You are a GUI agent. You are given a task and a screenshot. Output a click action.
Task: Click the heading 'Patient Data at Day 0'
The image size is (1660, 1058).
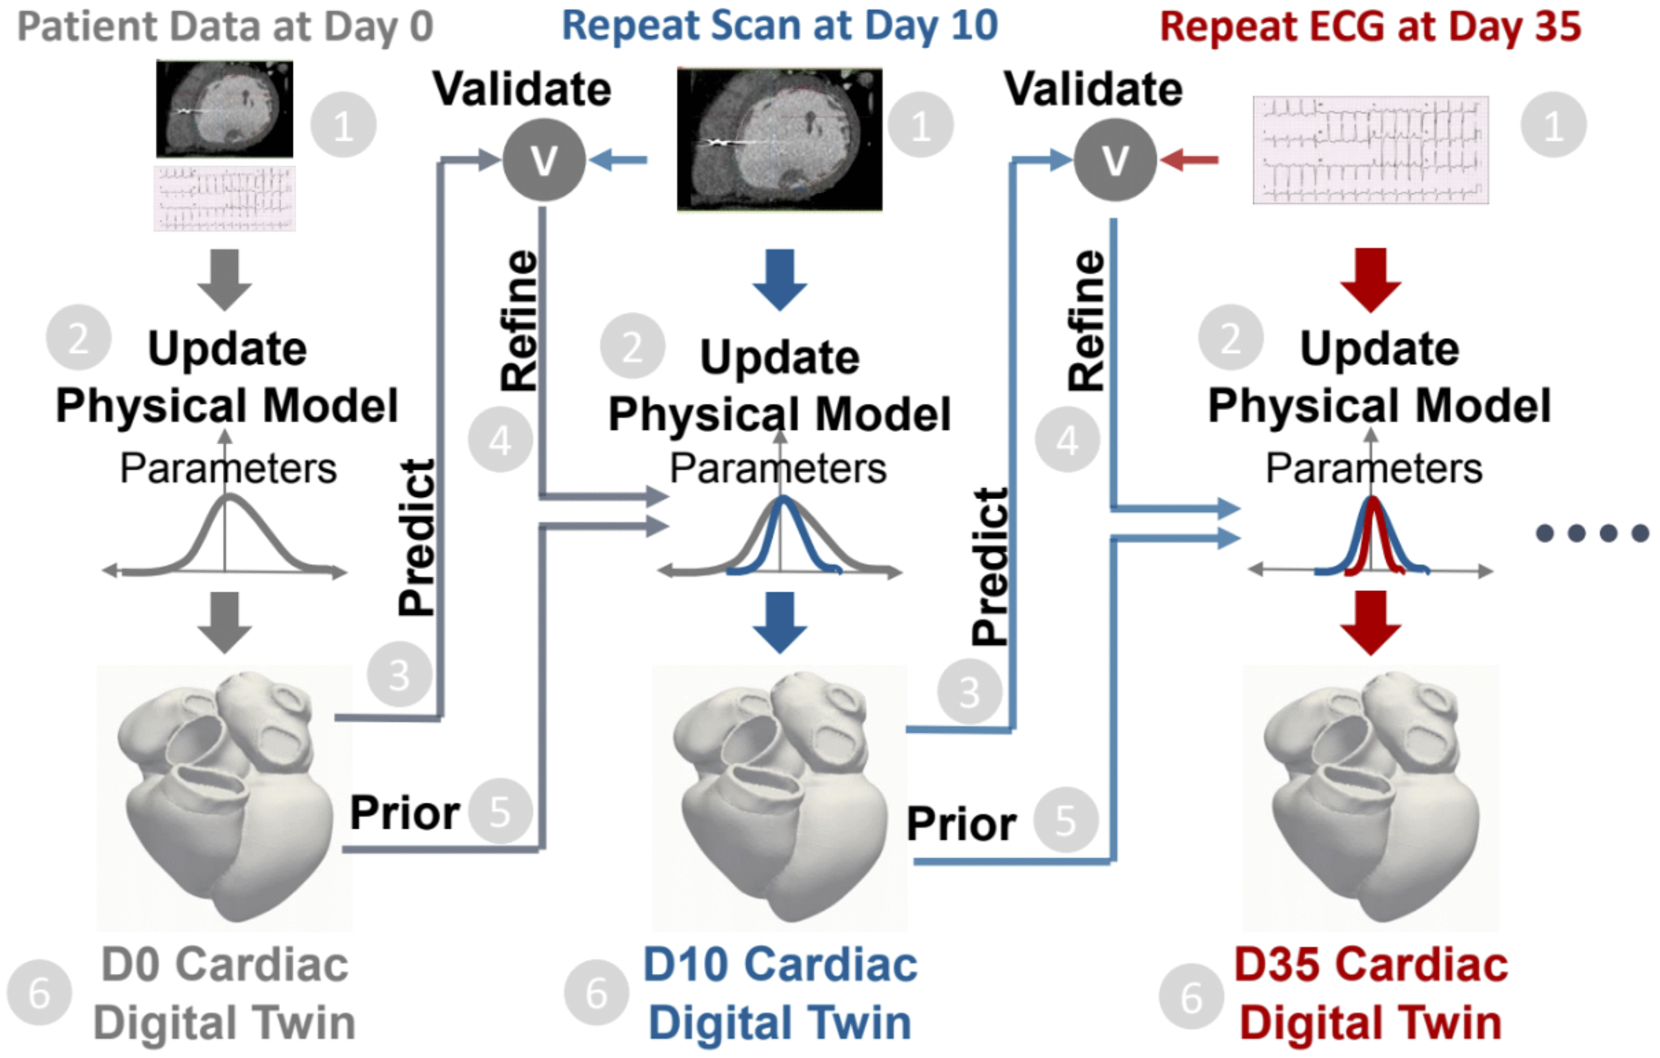click(225, 27)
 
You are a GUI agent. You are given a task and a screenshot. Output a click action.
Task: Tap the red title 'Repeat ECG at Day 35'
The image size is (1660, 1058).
click(1370, 27)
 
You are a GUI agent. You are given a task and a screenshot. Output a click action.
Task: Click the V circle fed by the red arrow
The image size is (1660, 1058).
click(1115, 160)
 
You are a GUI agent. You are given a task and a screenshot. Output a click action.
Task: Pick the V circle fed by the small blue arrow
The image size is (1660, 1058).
click(544, 160)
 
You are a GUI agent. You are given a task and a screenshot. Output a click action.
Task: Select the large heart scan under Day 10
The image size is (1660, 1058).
click(780, 139)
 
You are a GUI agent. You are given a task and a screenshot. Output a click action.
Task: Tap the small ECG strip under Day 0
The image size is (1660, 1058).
click(225, 199)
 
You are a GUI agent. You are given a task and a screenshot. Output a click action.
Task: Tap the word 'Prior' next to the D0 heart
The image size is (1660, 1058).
click(405, 813)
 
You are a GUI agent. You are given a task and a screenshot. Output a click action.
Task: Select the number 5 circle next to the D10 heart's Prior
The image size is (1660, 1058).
click(1066, 820)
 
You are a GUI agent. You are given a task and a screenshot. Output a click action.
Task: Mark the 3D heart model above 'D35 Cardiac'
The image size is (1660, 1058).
click(1370, 796)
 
